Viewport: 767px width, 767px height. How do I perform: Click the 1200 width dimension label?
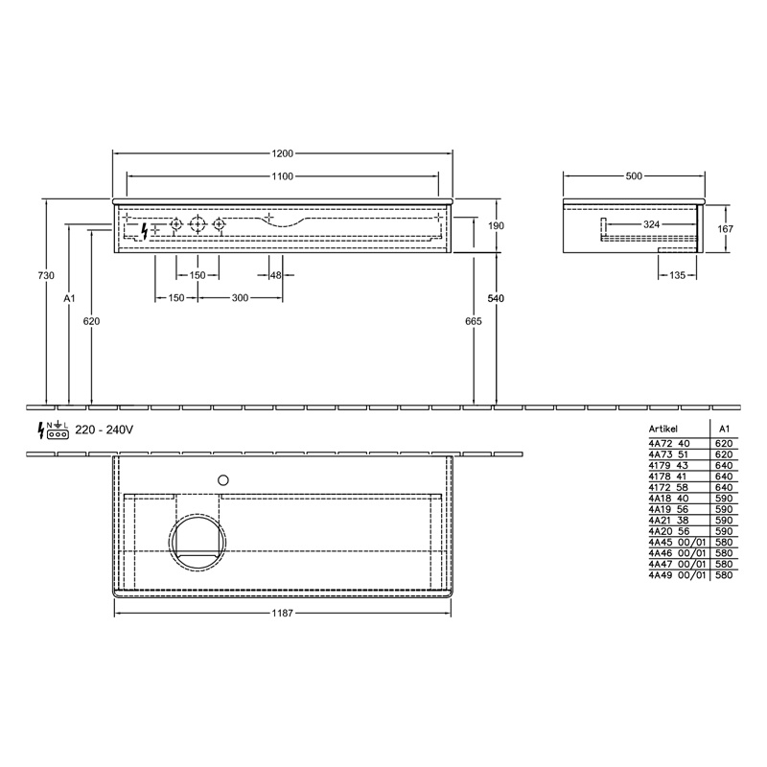click(282, 153)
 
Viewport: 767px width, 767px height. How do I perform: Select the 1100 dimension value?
click(282, 176)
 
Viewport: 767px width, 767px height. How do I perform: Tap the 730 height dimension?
click(46, 275)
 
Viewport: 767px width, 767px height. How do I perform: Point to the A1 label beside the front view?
click(69, 298)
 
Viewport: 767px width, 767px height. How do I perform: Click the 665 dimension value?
click(474, 321)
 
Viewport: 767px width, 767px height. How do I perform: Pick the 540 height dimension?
click(496, 298)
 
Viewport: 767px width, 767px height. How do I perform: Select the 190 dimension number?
click(496, 225)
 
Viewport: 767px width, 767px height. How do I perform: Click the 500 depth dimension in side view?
click(634, 176)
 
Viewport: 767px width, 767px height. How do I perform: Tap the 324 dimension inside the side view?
click(651, 224)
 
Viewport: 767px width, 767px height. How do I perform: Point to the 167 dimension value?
click(726, 228)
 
